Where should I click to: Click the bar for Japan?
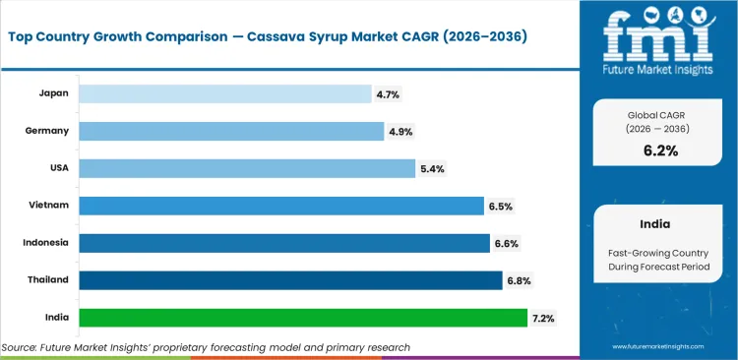coord(225,93)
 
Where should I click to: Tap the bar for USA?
coord(246,168)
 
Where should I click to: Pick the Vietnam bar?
coord(280,206)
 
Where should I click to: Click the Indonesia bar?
coord(283,243)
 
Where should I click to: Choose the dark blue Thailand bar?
coord(289,280)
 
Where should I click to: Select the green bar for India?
coord(302,318)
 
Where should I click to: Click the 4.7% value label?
coord(389,93)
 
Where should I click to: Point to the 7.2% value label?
coord(543,318)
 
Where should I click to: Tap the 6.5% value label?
coord(500,206)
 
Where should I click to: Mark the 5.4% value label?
coord(432,168)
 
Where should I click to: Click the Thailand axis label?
coord(47,280)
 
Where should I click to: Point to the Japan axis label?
coord(53,93)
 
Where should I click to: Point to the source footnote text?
coord(206,347)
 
